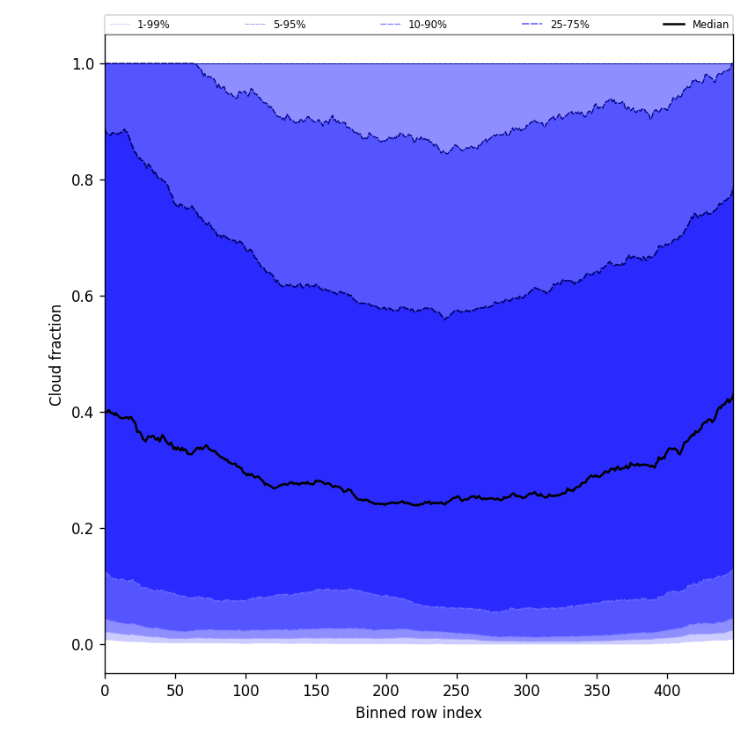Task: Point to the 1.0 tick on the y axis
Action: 84,64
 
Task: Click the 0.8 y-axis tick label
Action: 84,180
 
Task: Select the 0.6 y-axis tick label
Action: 84,297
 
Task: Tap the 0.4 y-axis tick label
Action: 84,413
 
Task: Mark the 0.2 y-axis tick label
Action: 84,529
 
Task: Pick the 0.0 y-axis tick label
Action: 84,645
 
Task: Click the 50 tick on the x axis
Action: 175,691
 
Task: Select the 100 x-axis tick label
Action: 246,691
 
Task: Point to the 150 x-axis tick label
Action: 316,691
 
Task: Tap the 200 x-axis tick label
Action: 386,691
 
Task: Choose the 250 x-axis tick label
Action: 456,691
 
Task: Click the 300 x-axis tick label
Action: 526,691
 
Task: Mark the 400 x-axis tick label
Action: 667,691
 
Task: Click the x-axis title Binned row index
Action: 419,714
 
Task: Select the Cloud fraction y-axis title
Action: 56,355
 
